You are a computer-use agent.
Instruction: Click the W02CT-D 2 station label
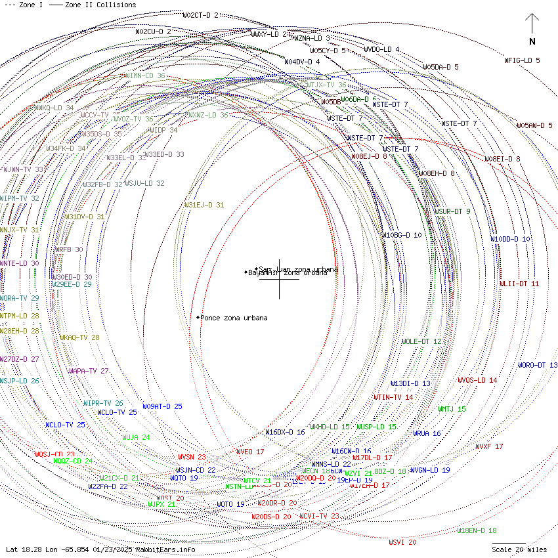coord(200,15)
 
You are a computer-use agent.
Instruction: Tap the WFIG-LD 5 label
coord(522,60)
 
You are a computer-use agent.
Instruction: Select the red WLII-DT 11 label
coord(519,284)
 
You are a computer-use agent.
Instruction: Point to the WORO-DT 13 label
coord(538,365)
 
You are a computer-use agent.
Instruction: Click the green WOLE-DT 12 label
coord(421,341)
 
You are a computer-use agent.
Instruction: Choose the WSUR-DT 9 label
coord(452,211)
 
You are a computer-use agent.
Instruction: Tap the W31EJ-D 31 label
coord(204,205)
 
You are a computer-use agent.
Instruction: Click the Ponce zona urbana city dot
coord(198,318)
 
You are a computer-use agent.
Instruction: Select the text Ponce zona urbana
coord(234,318)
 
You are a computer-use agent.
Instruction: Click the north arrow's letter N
coord(532,42)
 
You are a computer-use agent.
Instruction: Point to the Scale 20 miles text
coord(519,549)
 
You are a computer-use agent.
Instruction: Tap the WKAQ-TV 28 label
coord(79,337)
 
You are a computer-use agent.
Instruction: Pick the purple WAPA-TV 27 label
coord(89,371)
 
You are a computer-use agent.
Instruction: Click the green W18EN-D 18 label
coord(477,530)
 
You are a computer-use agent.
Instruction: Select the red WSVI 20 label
coord(402,542)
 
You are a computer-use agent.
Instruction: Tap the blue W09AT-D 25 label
coord(162,406)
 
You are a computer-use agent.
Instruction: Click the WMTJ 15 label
coord(452,409)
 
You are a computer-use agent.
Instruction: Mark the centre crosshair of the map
coord(279,279)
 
